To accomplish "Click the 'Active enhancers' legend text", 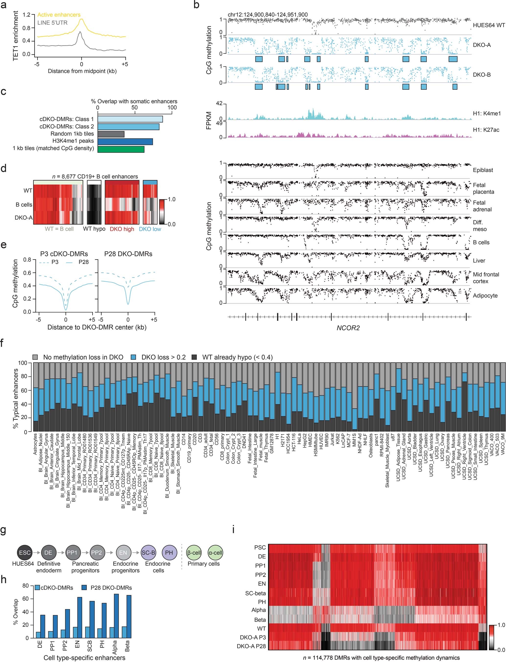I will click(59, 15).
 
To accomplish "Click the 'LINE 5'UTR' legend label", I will click(52, 23).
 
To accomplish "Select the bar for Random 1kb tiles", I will click(111, 134).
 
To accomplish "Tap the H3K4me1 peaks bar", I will click(125, 141).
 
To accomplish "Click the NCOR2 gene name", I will click(348, 328).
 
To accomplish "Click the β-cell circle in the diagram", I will click(194, 553).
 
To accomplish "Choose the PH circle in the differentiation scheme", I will click(169, 553).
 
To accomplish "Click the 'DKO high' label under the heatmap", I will click(122, 229).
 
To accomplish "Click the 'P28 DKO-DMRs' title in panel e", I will click(128, 254).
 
